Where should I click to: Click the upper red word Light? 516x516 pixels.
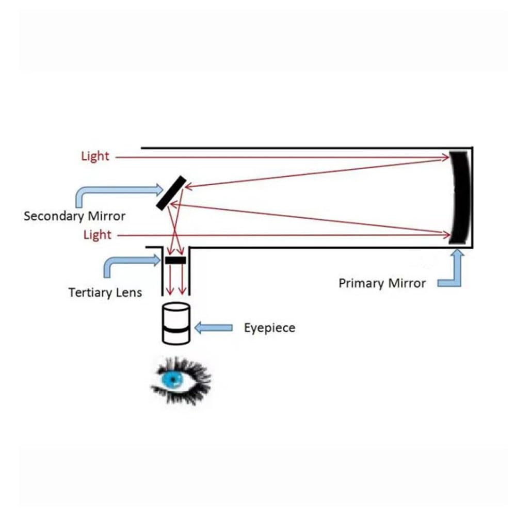click(95, 156)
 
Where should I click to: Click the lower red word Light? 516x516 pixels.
click(97, 235)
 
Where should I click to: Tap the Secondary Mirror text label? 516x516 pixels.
click(74, 216)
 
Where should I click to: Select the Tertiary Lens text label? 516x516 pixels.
click(105, 293)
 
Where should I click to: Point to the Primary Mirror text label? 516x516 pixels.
click(382, 283)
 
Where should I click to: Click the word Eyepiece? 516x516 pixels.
click(269, 328)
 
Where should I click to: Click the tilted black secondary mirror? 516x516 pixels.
click(171, 192)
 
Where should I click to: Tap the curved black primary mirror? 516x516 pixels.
click(458, 197)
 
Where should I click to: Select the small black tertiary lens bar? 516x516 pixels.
click(175, 260)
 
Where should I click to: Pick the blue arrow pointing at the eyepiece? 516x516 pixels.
click(214, 327)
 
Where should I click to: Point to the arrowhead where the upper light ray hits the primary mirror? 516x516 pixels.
click(447, 157)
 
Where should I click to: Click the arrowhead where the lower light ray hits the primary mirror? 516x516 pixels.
click(447, 235)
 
